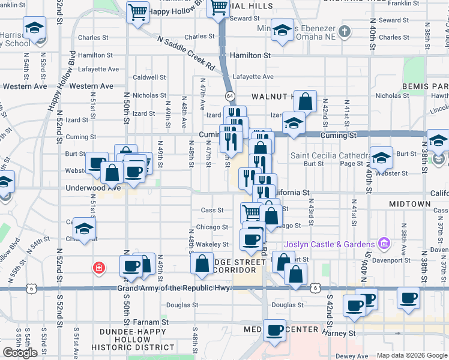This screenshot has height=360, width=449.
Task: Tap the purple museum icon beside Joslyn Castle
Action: [384, 244]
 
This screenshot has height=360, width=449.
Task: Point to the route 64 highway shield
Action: [229, 96]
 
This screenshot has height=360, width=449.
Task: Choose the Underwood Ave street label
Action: [94, 187]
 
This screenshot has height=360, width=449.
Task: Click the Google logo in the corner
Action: [20, 352]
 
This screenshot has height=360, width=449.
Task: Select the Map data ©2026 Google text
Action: [412, 355]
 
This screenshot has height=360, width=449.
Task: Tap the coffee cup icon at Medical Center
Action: [276, 331]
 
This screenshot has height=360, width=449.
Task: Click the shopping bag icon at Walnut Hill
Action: [306, 101]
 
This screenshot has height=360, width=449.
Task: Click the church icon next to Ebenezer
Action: [345, 31]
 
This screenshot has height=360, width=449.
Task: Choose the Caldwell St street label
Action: [149, 77]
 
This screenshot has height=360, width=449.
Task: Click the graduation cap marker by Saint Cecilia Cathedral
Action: [381, 158]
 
